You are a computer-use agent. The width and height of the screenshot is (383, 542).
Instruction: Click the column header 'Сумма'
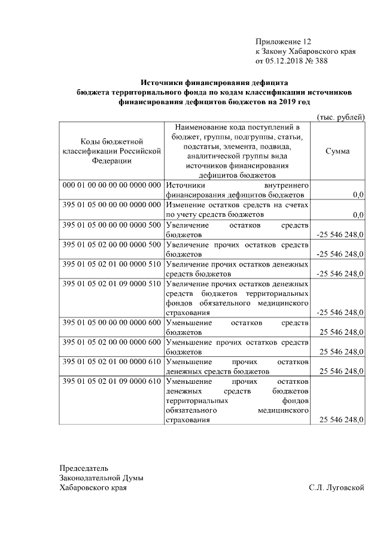point(338,151)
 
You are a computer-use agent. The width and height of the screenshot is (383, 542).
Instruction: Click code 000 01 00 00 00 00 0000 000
point(112,185)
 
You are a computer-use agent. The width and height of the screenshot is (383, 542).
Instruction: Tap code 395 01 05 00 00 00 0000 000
point(112,205)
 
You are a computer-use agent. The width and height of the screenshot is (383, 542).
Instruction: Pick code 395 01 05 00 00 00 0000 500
point(112,225)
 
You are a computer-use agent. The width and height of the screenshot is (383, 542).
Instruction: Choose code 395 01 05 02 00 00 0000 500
point(112,244)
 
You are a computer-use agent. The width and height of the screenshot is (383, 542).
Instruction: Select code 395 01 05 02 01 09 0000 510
point(112,283)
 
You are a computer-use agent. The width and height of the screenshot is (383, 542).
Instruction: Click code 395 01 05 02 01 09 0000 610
point(112,381)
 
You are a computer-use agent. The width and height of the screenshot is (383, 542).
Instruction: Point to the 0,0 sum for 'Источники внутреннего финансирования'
point(358,195)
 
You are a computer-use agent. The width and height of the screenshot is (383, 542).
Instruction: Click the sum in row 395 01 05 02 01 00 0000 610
point(342,371)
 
